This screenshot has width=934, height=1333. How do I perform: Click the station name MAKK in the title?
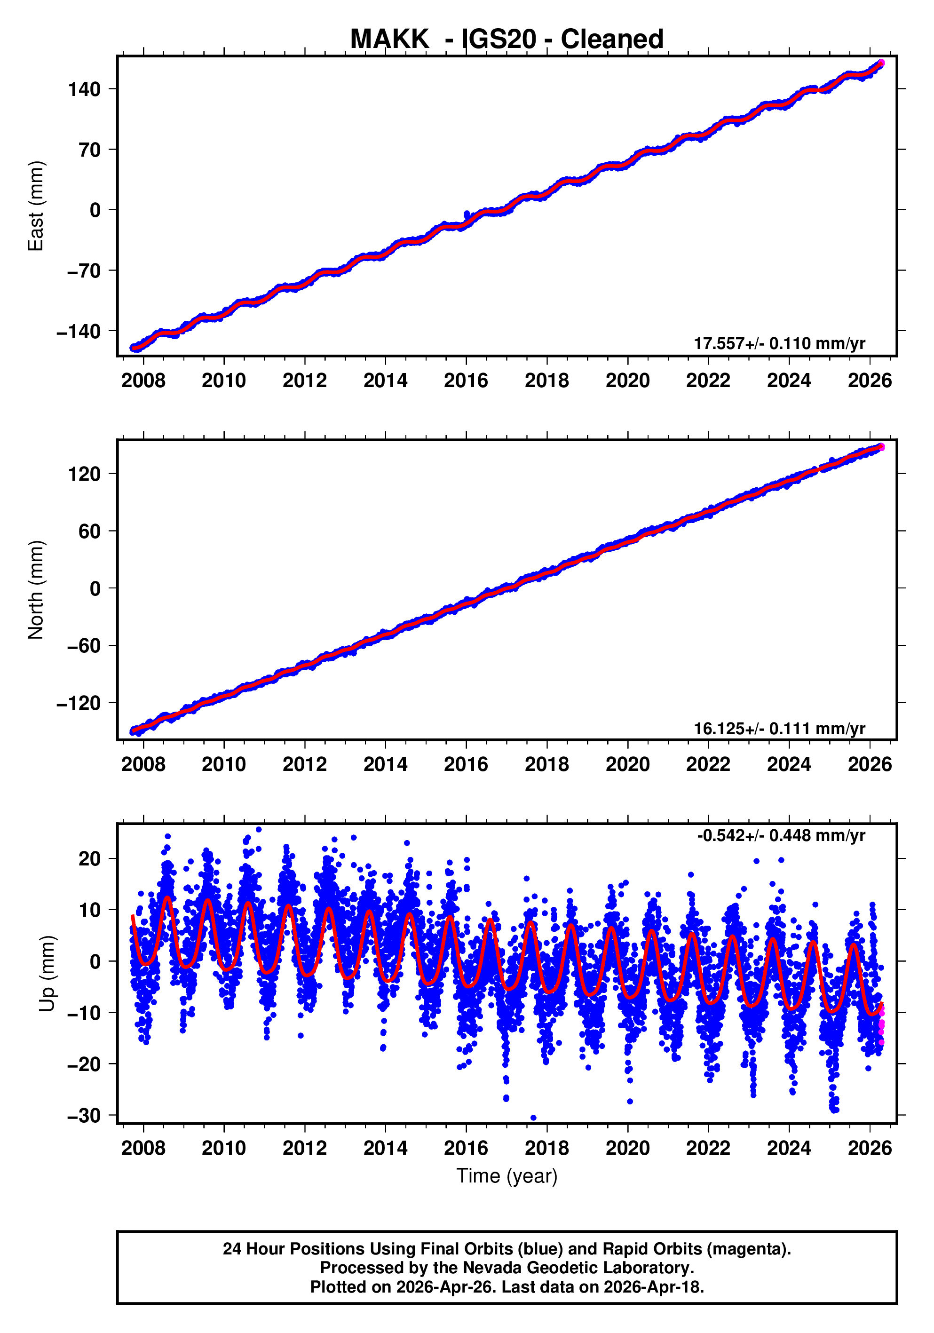389,40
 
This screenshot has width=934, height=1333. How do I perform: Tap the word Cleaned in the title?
612,40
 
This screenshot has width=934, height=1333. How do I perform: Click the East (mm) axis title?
36,206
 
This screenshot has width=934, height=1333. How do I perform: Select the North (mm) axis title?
36,590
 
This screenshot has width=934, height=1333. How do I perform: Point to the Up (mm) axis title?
47,974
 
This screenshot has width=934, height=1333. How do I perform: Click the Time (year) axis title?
507,1175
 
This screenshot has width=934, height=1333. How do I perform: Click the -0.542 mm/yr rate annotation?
781,835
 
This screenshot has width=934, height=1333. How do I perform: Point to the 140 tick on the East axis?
85,89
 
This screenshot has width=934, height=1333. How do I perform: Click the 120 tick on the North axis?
85,474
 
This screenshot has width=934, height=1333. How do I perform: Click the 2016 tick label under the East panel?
466,381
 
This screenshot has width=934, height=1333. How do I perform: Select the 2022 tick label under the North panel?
708,765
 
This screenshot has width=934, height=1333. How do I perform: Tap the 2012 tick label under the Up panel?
305,1148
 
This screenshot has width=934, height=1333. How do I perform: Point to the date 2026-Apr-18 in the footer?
652,1287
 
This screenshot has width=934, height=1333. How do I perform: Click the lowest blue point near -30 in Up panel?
533,1118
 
